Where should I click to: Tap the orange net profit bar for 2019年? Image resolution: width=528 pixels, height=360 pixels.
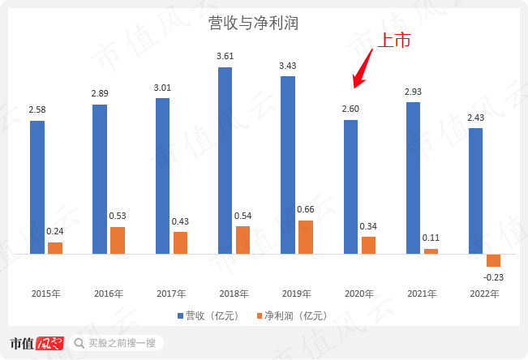(306, 237)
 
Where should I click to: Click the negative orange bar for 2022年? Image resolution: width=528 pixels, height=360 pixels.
(494, 260)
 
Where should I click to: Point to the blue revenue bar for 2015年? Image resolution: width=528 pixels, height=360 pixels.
(37, 187)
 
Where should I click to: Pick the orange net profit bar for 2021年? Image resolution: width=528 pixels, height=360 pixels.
(431, 251)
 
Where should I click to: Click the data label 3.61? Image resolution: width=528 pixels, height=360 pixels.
(225, 57)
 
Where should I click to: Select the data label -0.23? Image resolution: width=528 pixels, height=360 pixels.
(494, 277)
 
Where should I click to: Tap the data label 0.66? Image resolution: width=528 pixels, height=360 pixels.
(306, 210)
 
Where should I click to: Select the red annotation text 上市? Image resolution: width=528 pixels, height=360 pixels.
(396, 41)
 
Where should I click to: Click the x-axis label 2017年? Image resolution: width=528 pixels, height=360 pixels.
(171, 294)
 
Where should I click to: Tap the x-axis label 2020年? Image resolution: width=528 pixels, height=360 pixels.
(359, 294)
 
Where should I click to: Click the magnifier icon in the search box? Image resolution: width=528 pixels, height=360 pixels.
(79, 344)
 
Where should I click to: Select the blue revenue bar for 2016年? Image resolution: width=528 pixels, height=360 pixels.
(100, 179)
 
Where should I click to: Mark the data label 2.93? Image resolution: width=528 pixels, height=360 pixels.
(414, 92)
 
